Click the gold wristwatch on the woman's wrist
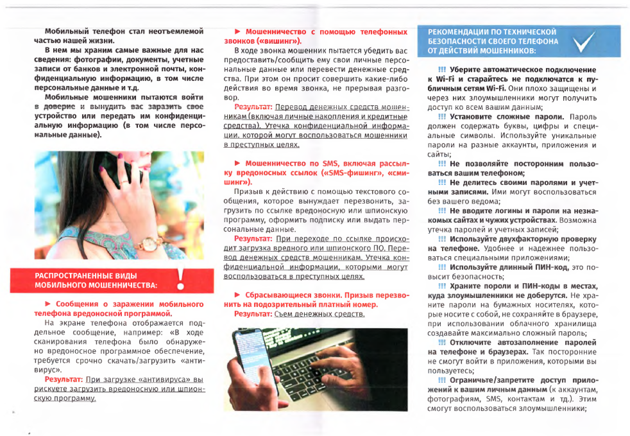pos(149,245)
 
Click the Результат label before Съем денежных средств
pos(253,314)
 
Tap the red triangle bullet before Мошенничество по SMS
pos(237,164)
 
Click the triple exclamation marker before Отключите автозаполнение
pos(442,342)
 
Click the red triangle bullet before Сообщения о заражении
pos(47,303)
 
